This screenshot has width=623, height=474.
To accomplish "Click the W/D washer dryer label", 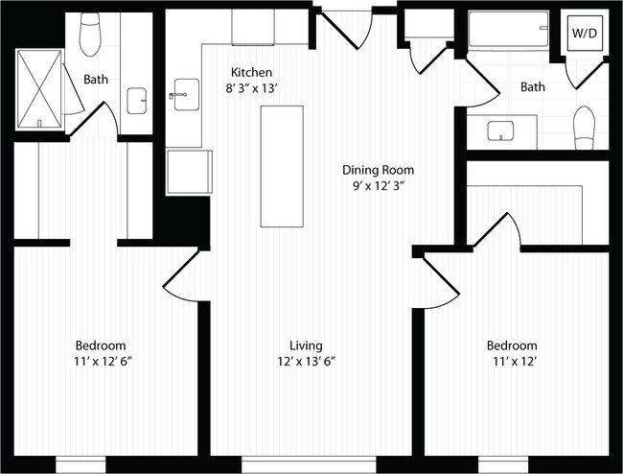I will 583,33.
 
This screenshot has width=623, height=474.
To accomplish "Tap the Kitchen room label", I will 251,72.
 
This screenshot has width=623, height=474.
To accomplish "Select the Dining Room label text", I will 379,170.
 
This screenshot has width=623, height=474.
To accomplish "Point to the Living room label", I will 306,345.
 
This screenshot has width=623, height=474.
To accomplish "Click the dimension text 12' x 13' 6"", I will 306,362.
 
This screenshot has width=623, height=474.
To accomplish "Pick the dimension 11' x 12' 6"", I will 102,362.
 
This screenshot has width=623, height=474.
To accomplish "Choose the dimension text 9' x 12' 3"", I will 379,186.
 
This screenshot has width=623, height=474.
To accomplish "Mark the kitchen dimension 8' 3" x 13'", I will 251,88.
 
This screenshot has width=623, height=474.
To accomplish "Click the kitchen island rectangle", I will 282,166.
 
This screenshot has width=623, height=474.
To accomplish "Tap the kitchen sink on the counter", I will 182,95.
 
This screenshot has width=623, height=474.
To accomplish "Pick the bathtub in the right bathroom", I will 508,34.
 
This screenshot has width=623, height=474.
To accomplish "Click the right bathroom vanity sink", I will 501,130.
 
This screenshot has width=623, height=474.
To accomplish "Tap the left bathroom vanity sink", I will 137,99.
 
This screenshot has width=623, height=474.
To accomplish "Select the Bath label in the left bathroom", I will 96,80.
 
